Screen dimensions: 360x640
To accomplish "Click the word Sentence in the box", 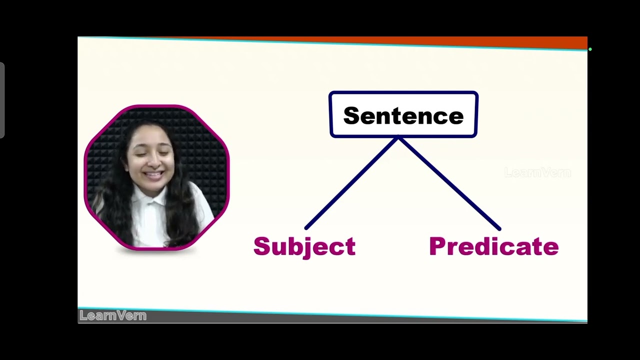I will click(x=403, y=116).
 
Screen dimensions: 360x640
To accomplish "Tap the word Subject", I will click(x=304, y=246).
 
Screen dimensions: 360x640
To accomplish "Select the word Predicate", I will click(x=493, y=246).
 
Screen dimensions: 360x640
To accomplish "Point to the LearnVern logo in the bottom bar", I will click(x=113, y=315).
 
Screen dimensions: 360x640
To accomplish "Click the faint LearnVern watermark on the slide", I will click(x=537, y=173).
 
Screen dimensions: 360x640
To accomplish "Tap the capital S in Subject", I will click(x=261, y=246).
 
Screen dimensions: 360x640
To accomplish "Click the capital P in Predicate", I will click(x=436, y=246).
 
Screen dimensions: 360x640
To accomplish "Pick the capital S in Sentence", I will click(x=352, y=116).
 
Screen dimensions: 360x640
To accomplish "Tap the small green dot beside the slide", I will click(x=590, y=49).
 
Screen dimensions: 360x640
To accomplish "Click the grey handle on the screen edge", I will click(x=2, y=100).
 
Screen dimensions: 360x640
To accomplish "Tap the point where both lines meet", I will click(x=398, y=138).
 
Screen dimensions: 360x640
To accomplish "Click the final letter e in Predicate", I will click(x=551, y=248).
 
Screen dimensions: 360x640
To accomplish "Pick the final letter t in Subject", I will click(x=350, y=247).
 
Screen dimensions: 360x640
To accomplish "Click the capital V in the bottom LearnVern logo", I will click(x=120, y=315).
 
